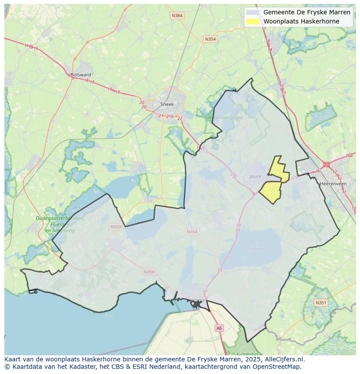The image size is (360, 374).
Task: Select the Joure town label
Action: [256, 176]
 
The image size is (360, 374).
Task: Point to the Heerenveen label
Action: [333, 184]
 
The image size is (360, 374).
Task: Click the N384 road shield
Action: [177, 16]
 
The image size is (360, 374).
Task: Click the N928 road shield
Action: [116, 227]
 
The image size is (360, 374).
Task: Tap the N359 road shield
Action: [149, 272]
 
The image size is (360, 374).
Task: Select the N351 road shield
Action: [320, 302]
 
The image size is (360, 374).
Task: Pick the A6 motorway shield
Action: [219, 328]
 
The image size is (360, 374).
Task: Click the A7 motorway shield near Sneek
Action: [201, 149]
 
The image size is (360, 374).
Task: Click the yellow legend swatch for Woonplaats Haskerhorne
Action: [253, 21]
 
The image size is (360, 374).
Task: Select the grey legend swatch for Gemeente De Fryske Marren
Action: [253, 13]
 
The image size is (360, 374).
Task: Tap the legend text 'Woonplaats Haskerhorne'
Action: [301, 21]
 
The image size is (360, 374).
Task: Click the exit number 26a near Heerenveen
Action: [349, 156]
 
